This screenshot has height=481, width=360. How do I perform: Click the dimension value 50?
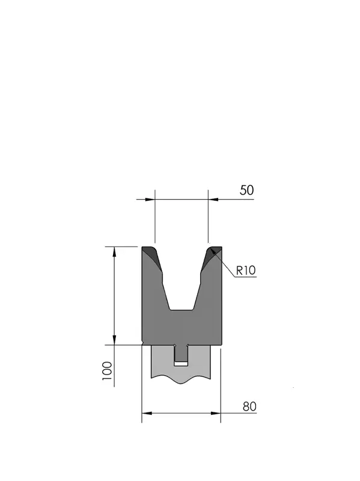(246, 190)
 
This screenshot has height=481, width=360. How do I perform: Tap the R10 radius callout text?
(246, 270)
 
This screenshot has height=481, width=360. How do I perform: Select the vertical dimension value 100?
(107, 371)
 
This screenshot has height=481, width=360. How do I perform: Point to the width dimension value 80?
(249, 406)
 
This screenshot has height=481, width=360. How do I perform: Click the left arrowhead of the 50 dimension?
(150, 200)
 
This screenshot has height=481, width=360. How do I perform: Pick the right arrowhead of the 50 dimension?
(213, 200)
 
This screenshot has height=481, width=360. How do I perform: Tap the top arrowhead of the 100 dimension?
(114, 251)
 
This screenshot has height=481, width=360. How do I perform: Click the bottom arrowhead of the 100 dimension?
(114, 340)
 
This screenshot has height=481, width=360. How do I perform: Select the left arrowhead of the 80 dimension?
(147, 413)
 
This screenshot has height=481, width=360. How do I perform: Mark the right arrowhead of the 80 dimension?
(216, 413)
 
